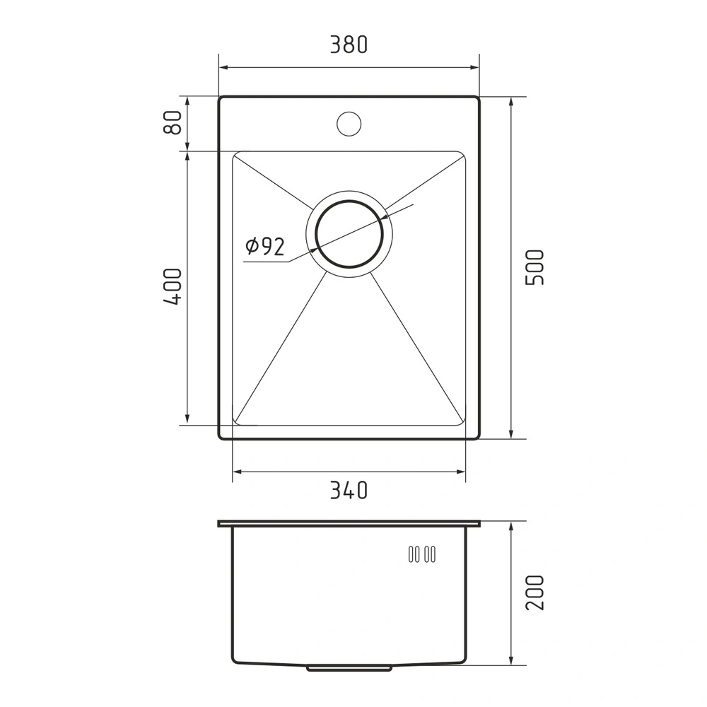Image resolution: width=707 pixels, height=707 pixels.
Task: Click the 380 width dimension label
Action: pos(349,45)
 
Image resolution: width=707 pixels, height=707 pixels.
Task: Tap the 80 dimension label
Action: pos(173,122)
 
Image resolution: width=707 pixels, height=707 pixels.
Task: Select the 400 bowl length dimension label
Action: pos(173,286)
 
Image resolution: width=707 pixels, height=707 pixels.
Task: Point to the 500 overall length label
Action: pos(534,267)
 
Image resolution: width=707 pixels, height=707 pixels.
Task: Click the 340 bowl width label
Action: pos(349,490)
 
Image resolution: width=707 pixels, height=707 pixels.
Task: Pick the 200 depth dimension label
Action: pos(534,592)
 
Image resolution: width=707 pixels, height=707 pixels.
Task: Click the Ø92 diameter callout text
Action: pos(265,246)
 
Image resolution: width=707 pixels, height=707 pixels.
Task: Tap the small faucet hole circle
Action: pos(349,123)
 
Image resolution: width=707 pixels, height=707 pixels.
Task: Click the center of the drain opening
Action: pos(349,233)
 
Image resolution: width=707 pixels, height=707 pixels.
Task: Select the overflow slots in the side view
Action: pos(421,554)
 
